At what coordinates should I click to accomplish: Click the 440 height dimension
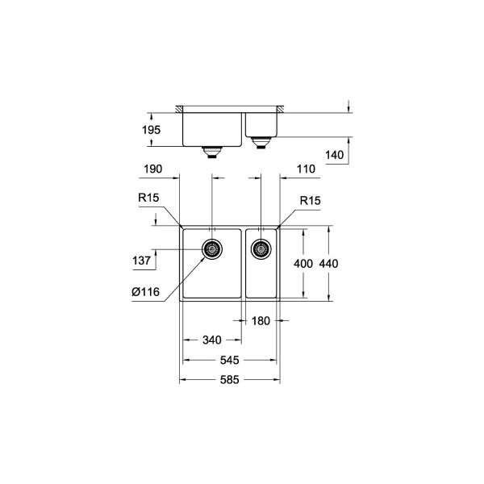pos(328,265)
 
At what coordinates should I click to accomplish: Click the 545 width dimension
pos(232,361)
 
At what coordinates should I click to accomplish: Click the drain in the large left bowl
pos(213,250)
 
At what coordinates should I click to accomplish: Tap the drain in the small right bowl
pos(261,249)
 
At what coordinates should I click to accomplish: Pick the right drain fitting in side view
pos(261,143)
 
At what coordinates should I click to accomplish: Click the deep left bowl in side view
pos(211,127)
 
